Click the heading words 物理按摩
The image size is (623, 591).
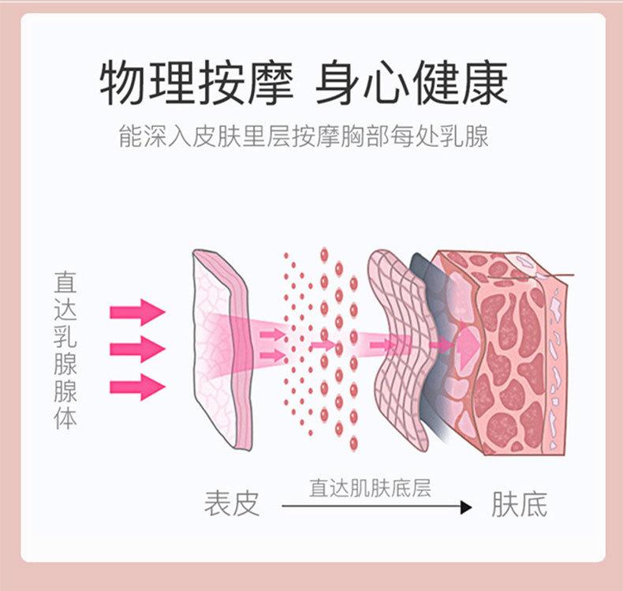pos(197,83)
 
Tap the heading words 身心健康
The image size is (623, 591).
pos(411,83)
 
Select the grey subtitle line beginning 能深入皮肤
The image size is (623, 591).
pos(304,136)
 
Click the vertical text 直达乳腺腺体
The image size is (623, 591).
pos(65,350)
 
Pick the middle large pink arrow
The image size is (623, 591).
pos(137,348)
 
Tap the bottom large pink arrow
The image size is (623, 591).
pos(137,387)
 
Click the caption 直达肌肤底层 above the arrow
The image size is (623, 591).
pos(370,488)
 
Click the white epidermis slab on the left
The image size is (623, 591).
pos(221,347)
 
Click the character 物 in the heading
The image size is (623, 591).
pos(125,83)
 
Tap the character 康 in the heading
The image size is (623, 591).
pos(483,83)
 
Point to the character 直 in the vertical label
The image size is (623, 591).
pos(65,282)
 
